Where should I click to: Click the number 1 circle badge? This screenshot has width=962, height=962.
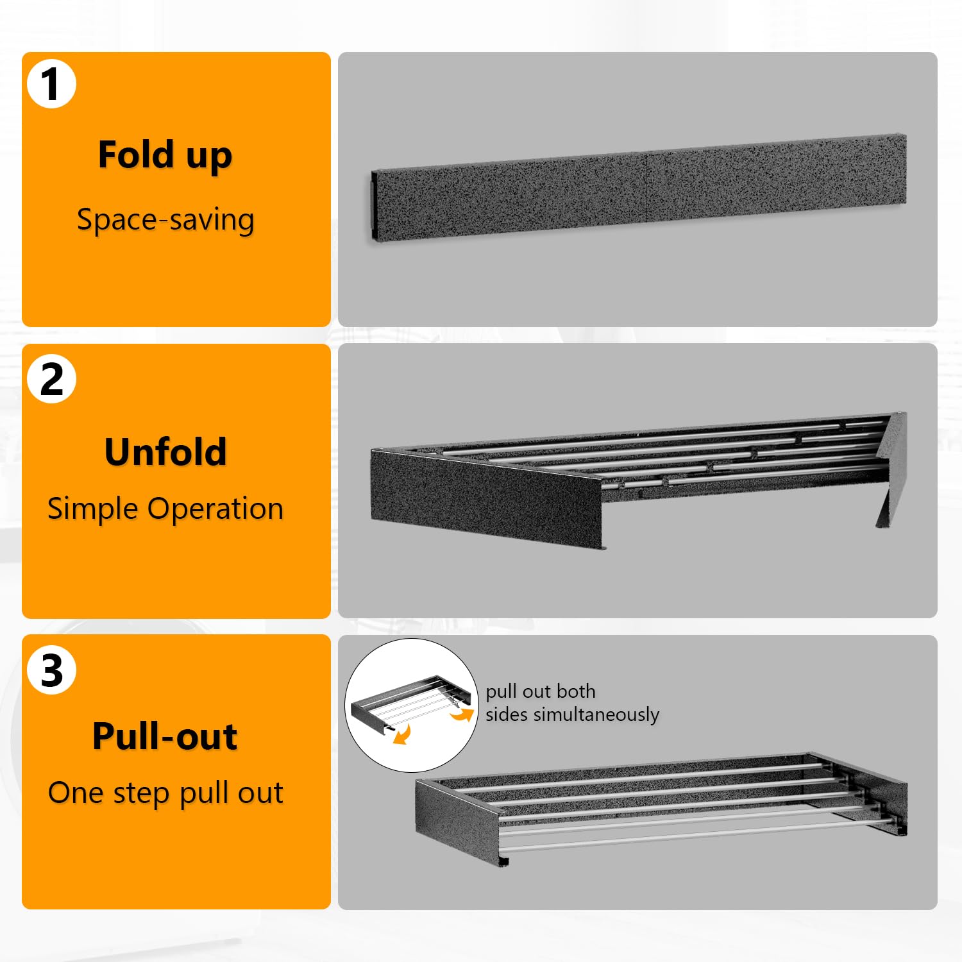coord(51,84)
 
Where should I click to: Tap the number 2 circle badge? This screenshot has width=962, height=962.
coord(51,379)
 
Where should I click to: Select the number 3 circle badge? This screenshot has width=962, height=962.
coord(51,670)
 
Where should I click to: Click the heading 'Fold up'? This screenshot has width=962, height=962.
coord(165,156)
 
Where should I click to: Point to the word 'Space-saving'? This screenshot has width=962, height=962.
coord(165,220)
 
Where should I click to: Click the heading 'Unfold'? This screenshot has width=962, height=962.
coord(165,451)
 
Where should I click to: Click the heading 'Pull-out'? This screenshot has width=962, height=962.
coord(165,736)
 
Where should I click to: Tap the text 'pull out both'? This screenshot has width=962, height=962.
coord(541,691)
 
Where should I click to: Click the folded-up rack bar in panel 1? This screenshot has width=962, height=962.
coord(638,187)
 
